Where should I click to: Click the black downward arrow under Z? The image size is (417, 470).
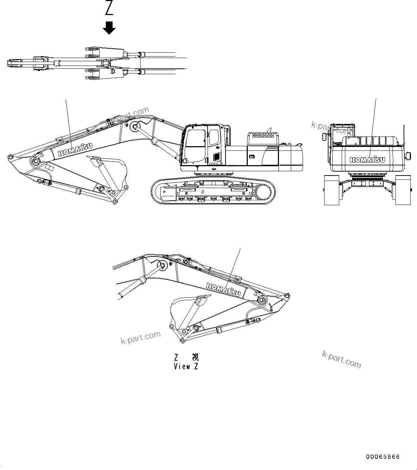click(x=109, y=28)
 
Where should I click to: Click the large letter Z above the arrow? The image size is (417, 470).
click(x=109, y=8)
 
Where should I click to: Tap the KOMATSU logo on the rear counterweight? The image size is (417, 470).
click(x=368, y=159)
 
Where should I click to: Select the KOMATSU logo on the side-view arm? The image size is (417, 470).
click(x=75, y=149)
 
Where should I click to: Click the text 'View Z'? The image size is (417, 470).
click(x=186, y=366)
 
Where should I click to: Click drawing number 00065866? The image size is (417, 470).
click(x=383, y=457)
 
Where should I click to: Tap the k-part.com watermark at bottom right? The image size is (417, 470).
click(x=341, y=359)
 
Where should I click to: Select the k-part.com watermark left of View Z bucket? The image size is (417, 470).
click(x=140, y=338)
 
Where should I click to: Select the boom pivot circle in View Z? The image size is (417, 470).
click(x=161, y=267)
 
